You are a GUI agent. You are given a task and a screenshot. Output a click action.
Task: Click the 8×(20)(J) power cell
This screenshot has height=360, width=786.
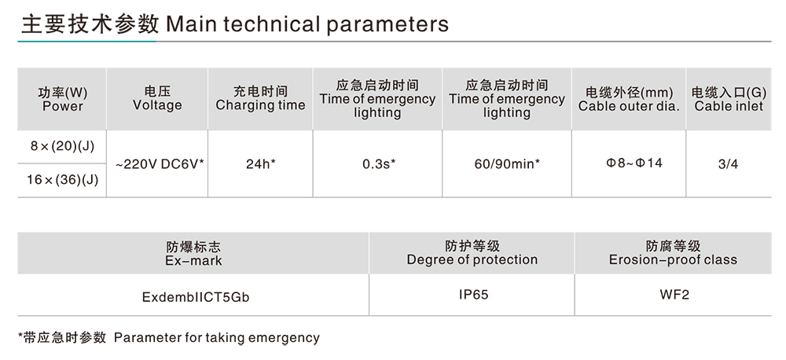click(62, 147)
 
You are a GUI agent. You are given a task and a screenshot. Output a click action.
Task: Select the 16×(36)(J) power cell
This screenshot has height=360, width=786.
click(62, 179)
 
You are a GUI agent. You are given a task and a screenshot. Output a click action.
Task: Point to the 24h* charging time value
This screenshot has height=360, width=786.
click(260, 164)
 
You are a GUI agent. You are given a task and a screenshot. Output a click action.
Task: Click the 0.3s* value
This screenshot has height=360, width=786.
click(378, 164)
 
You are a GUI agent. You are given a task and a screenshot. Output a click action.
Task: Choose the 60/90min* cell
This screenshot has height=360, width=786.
click(507, 164)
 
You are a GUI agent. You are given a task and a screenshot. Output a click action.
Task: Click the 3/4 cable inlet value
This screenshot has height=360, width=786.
click(729, 164)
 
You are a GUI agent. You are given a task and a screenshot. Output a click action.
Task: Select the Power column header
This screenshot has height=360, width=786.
click(62, 99)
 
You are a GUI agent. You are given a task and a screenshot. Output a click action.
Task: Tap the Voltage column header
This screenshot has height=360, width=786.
click(157, 98)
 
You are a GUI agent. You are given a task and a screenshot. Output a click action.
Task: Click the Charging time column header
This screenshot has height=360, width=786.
click(260, 99)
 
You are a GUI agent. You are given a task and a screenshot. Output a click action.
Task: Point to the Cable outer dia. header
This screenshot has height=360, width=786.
click(629, 99)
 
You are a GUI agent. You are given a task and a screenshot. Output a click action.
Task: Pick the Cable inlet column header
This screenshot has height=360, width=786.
click(729, 99)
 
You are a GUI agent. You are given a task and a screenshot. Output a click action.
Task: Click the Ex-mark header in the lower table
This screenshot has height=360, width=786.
click(193, 253)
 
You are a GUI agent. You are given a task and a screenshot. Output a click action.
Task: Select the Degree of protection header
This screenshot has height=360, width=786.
click(472, 252)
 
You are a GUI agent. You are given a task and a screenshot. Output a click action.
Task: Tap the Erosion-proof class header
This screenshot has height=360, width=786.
click(673, 252)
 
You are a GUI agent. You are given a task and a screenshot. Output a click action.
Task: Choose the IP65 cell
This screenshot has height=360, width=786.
click(472, 296)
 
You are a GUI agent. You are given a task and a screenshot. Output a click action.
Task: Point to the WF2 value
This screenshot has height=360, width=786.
click(673, 296)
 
